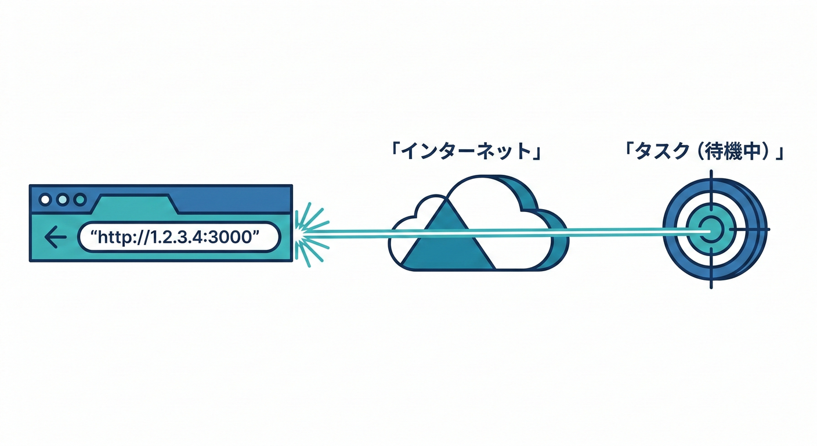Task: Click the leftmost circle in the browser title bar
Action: click(45, 200)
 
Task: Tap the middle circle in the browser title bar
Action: click(62, 200)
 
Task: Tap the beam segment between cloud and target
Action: click(615, 231)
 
